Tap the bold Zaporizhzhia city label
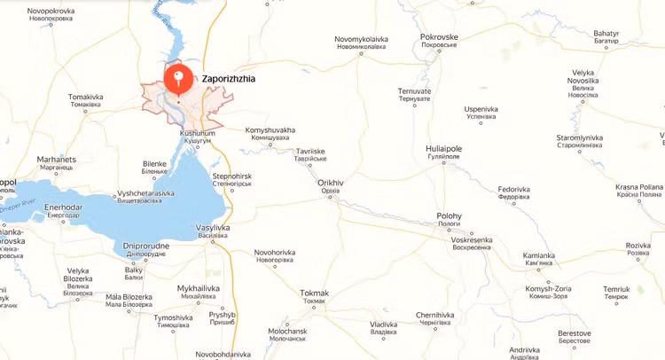click(229, 79)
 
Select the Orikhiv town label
click(330, 183)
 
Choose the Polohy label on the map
click(450, 216)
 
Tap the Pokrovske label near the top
click(439, 36)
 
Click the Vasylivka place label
click(212, 229)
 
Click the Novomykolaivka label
click(361, 39)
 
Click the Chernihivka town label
click(435, 316)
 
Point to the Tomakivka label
click(86, 97)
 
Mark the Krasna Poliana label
click(639, 188)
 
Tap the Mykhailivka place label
click(198, 289)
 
